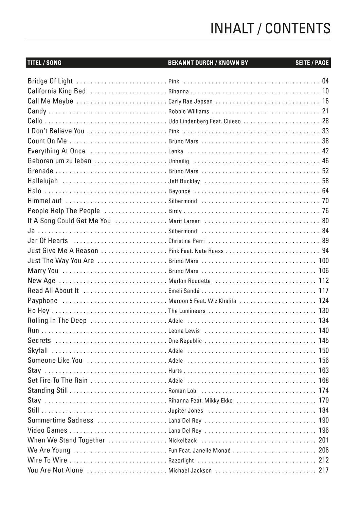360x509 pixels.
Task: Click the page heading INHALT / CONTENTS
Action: [270, 29]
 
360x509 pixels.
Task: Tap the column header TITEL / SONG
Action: [44, 63]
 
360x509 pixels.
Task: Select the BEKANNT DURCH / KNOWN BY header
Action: [208, 63]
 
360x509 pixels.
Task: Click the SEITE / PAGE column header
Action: [312, 63]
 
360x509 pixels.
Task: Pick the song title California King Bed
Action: [57, 91]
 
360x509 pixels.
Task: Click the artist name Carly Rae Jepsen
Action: [190, 101]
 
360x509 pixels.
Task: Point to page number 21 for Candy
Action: [325, 111]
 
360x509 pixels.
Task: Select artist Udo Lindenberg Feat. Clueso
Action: [204, 121]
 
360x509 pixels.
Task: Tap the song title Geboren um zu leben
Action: [59, 161]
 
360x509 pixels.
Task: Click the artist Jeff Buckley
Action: [184, 181]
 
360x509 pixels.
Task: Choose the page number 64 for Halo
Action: [325, 191]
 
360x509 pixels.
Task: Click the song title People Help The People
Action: [64, 211]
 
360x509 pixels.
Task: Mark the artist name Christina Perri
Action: [186, 241]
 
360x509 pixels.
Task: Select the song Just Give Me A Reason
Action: [63, 251]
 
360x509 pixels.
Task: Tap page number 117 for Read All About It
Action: [324, 290]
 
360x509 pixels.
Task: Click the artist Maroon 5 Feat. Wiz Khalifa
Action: [202, 301]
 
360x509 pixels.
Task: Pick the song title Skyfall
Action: [38, 351]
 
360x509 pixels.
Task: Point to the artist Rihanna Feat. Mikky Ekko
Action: [200, 401]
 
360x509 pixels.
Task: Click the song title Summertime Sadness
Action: [60, 420]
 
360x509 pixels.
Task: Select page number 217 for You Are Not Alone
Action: [324, 470]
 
